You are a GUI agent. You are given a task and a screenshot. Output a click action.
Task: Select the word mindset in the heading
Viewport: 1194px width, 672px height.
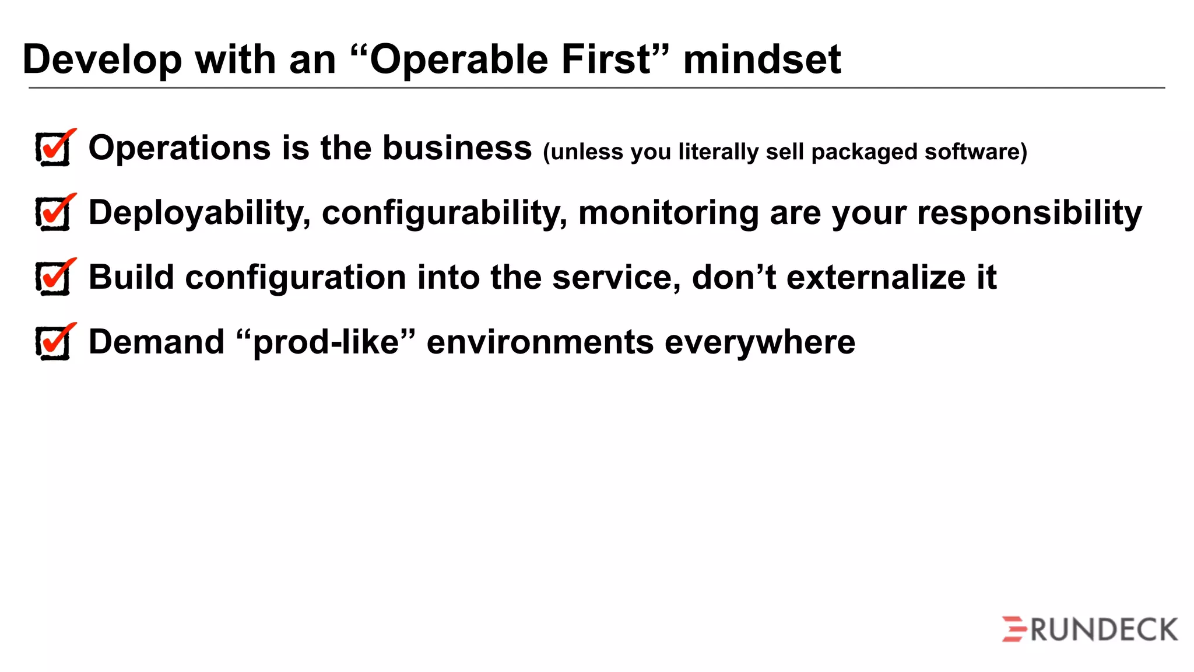tap(761, 60)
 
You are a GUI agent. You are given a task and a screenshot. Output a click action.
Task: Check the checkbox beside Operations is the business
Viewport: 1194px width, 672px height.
tap(54, 149)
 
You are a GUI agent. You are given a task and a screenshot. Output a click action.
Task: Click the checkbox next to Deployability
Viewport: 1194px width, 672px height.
tap(54, 213)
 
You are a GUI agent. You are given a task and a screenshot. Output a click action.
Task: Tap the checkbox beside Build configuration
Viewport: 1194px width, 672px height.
tap(54, 278)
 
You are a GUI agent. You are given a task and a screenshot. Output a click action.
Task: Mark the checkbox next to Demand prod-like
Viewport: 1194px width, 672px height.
tap(54, 343)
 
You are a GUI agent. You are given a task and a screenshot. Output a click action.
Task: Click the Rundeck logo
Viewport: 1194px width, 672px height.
tap(1089, 629)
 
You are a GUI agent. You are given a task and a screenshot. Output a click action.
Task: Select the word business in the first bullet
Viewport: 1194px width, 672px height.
tap(456, 148)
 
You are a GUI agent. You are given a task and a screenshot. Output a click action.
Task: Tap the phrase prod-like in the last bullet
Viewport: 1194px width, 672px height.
tap(326, 342)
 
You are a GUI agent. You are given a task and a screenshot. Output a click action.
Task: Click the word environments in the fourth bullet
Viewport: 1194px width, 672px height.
tap(540, 342)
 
